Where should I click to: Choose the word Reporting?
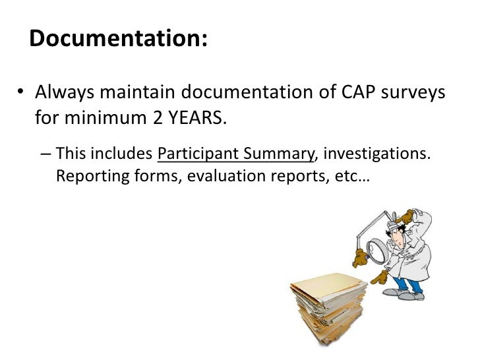click(x=86, y=176)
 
